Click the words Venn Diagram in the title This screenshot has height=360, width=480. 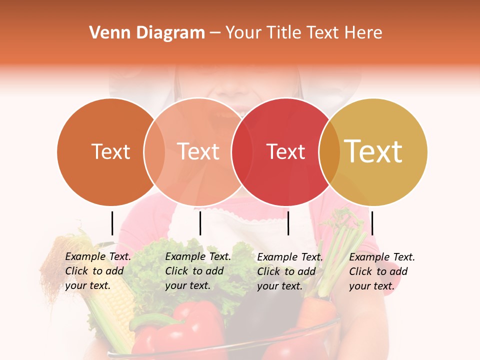pos(147,33)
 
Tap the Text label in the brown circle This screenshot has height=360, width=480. pos(110,151)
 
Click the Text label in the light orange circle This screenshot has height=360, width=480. pos(198,151)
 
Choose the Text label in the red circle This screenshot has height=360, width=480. pos(285,151)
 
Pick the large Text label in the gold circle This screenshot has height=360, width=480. pos(373,151)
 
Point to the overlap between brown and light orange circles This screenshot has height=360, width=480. pos(154,152)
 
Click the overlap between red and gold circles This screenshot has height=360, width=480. pos(329,152)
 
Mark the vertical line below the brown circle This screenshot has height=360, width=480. pos(112,223)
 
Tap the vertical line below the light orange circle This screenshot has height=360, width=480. pos(200,223)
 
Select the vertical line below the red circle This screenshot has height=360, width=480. pos(288,223)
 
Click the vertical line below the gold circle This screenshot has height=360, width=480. pos(372,223)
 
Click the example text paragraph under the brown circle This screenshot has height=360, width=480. pos(98,271)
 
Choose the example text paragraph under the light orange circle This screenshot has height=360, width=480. pos(198,271)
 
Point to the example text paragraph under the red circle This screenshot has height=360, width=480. pos(290,271)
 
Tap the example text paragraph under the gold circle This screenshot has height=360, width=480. pos(382,271)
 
